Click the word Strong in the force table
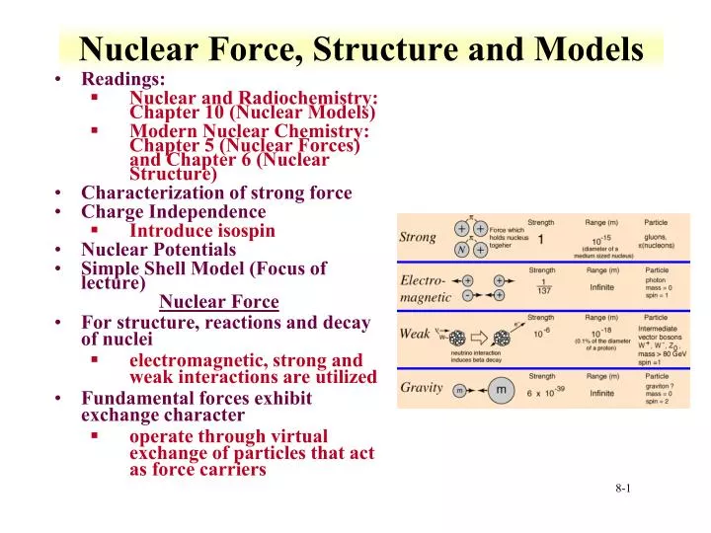pos(417,237)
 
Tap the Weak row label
pos(415,334)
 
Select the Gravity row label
pos(421,388)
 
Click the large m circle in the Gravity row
pos(502,391)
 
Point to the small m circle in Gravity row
pos(459,392)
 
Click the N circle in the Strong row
pos(462,250)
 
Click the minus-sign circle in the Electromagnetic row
pos(467,295)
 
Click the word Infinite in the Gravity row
pos(601,393)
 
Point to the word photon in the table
pos(657,279)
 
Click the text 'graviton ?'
pos(661,386)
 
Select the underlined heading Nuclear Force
pos(218,302)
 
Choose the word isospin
pos(245,230)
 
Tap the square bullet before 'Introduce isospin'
pos(94,230)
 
